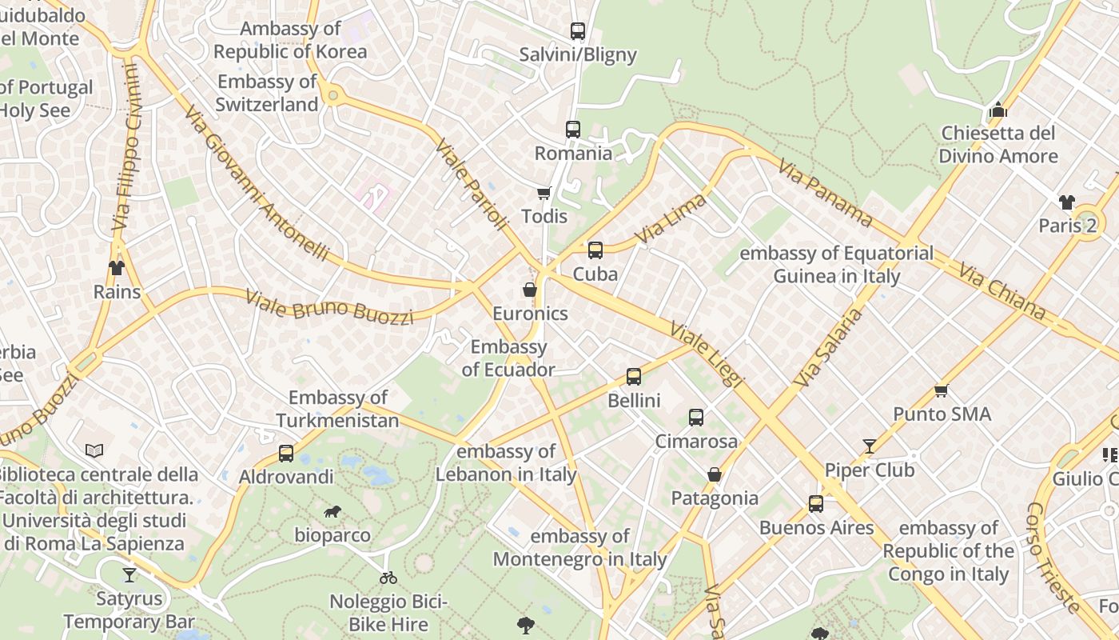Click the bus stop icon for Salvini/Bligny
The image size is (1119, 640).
tap(578, 31)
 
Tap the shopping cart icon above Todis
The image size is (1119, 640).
tap(544, 193)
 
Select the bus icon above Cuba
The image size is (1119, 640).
tap(595, 250)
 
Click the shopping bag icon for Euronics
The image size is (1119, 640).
tap(529, 290)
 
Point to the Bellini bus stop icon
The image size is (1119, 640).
tap(634, 376)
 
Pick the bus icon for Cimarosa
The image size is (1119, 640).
tap(696, 417)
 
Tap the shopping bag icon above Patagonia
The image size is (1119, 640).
tap(715, 474)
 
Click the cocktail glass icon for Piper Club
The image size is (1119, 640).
tap(870, 446)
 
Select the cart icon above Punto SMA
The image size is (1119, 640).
tap(942, 390)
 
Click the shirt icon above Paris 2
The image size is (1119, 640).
tap(1067, 202)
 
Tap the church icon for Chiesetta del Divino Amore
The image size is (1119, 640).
tap(998, 109)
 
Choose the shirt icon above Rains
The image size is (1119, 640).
tap(117, 267)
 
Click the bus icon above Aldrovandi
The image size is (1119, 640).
tap(286, 454)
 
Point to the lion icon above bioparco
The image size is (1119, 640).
tap(332, 511)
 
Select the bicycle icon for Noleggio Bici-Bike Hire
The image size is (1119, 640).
tap(388, 578)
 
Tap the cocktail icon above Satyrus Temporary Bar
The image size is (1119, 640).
tap(129, 574)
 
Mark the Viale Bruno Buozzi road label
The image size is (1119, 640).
tap(329, 307)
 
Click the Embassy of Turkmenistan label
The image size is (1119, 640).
tap(337, 409)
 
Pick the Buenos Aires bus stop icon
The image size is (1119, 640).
tap(816, 504)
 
